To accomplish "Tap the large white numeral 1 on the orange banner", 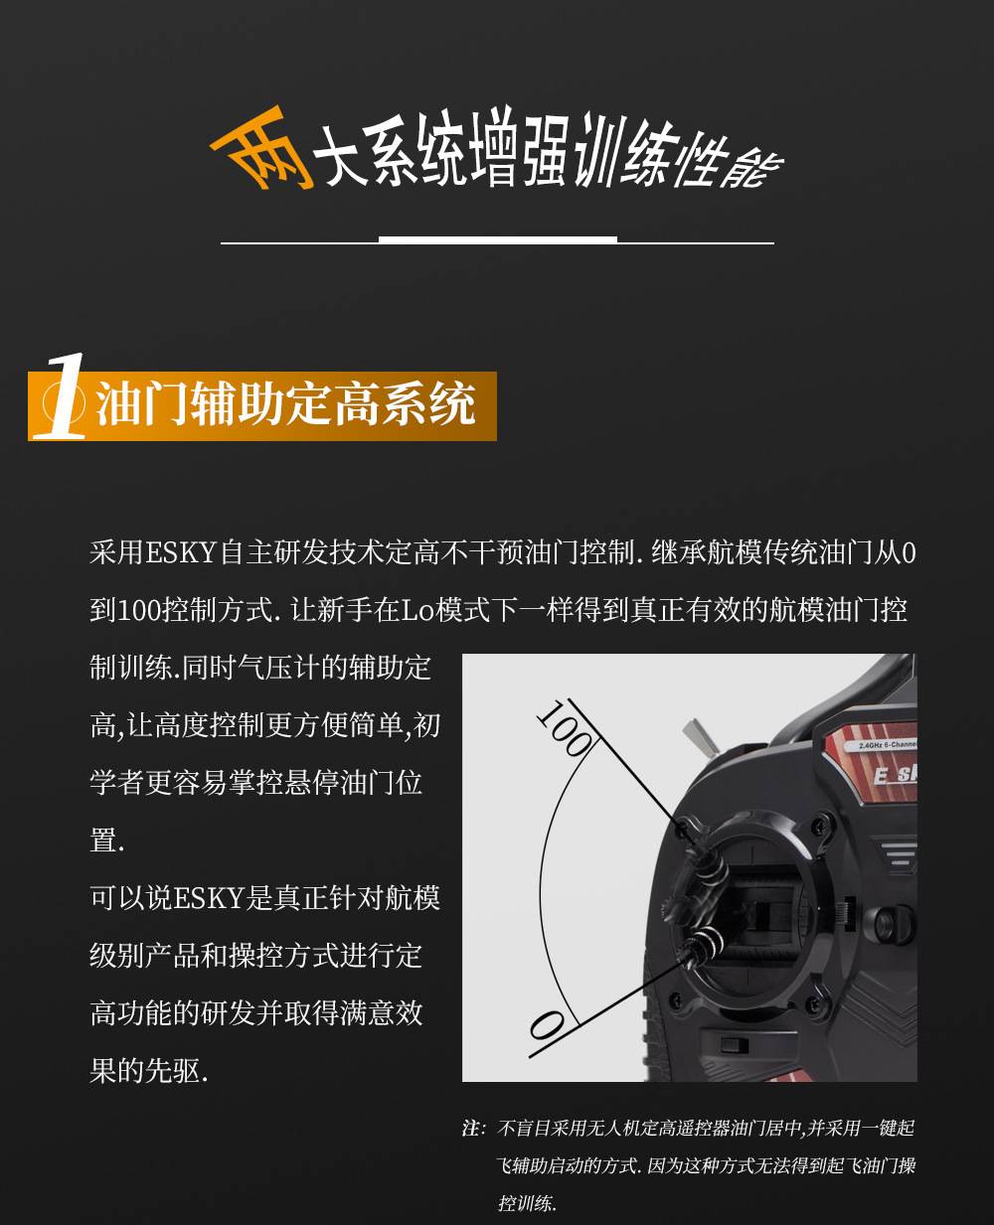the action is [61, 396].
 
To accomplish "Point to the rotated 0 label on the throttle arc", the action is [547, 1026].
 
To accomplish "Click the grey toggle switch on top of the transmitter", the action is [700, 739].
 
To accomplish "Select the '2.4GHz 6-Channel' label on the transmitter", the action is [887, 745].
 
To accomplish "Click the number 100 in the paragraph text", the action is [139, 610].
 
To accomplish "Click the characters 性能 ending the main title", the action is [729, 162].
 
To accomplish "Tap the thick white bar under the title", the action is [498, 239].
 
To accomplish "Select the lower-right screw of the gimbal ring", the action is [813, 1003].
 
